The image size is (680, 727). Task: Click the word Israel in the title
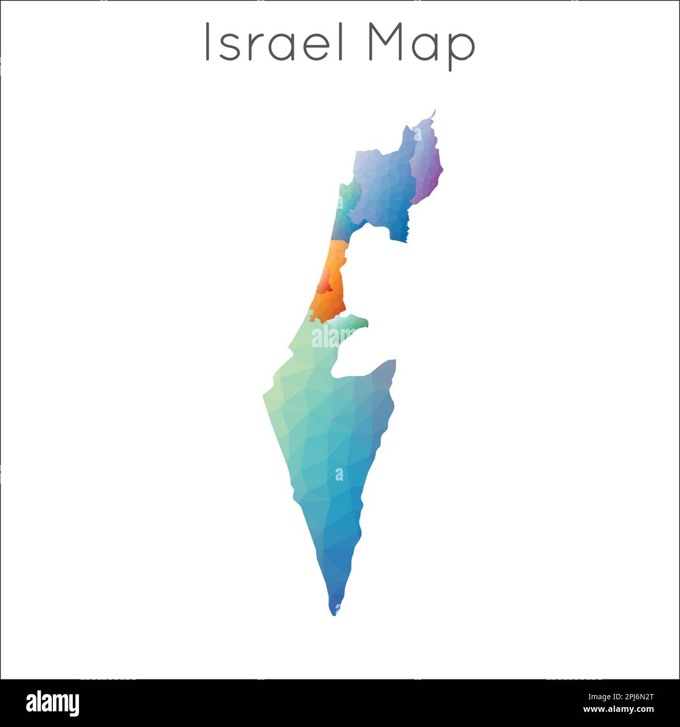point(274,42)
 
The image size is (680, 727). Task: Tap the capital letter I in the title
point(208,42)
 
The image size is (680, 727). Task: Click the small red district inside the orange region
point(325,285)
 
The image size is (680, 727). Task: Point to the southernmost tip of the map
point(334,614)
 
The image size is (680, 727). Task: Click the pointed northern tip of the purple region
point(435,111)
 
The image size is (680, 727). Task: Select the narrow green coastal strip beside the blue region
point(343,209)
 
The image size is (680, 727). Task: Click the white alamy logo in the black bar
point(52,703)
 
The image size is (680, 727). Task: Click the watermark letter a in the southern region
point(339,474)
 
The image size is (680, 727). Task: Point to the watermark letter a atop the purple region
point(417,135)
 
